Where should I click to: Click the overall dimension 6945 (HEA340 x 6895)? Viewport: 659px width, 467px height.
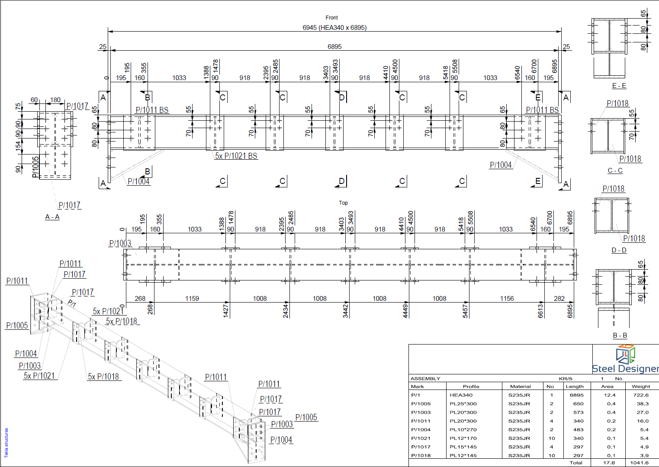334,28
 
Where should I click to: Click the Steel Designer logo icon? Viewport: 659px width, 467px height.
625,354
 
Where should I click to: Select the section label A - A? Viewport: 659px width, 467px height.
52,217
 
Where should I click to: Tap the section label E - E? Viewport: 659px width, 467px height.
619,86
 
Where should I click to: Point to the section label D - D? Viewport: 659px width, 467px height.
619,250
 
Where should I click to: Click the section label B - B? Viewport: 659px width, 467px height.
620,335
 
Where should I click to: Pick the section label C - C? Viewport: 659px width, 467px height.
615,171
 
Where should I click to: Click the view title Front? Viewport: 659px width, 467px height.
331,18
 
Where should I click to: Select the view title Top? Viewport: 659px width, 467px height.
343,203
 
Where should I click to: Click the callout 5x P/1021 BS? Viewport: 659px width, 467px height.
236,156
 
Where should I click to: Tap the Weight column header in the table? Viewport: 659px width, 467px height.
641,386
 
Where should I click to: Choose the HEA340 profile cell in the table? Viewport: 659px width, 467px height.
461,395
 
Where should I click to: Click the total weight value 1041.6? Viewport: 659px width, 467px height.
639,463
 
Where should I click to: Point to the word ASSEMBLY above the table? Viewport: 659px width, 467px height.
425,378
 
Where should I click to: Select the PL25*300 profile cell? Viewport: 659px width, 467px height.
463,404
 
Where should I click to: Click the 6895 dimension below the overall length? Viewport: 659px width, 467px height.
334,46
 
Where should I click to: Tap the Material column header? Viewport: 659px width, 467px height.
520,386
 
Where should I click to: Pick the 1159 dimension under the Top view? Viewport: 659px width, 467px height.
192,298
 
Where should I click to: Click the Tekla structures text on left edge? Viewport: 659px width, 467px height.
6,442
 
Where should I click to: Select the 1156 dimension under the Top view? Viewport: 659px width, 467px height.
507,298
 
